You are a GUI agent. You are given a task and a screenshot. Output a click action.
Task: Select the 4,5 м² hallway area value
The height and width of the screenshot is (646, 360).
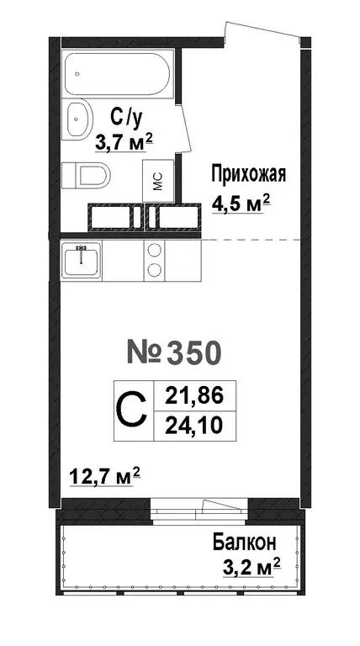coord(239,203)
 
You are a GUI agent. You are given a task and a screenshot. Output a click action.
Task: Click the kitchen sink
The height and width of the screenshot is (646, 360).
coord(82,260)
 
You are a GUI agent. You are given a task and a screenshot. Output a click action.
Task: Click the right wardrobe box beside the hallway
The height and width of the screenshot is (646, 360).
coord(173,218)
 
